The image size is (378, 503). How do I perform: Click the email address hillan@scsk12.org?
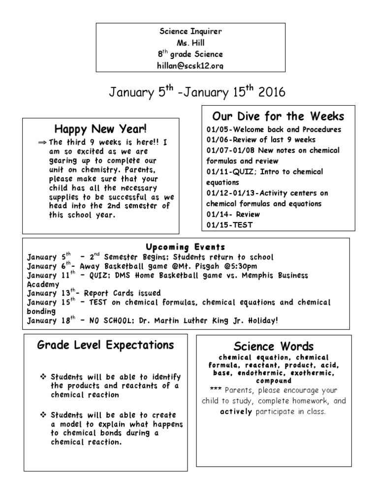[190, 65]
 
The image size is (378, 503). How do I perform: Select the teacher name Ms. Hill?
[190, 43]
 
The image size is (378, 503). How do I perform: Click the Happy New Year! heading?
[100, 130]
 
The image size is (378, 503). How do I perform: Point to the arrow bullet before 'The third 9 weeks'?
[41, 142]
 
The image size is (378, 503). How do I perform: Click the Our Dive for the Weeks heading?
[278, 116]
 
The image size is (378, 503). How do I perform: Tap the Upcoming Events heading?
[185, 247]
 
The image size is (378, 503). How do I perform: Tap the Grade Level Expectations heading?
[105, 345]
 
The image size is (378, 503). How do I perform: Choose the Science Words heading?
[274, 346]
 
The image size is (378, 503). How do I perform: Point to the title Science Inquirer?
[190, 31]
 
